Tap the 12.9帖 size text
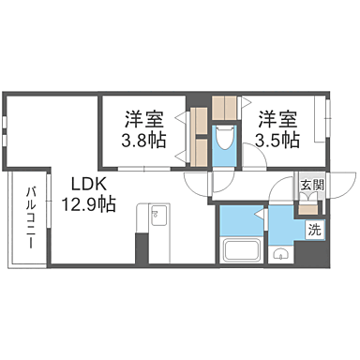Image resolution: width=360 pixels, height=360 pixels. click(89, 203)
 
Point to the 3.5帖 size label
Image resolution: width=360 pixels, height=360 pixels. click(278, 140)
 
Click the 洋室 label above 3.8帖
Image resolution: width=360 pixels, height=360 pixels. click(144, 120)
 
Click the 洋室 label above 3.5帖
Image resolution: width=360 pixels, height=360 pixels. click(278, 120)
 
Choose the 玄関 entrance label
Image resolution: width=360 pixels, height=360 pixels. click(312, 186)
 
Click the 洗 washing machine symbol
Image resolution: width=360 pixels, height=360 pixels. click(314, 229)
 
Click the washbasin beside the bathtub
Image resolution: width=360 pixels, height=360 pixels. click(279, 253)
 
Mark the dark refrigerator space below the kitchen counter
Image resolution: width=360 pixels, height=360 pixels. click(142, 248)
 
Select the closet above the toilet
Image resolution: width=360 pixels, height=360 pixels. click(225, 108)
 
